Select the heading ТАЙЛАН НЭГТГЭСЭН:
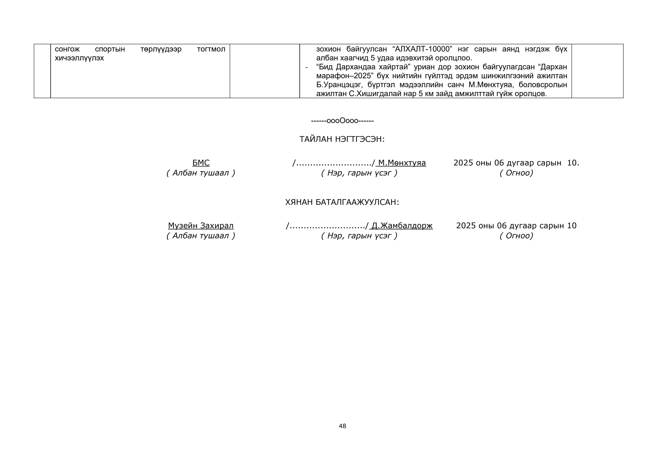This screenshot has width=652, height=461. click(342, 139)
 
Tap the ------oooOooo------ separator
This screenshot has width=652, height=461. click(342, 121)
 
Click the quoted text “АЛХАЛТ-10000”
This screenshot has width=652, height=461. click(422, 49)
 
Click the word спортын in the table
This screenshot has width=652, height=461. click(110, 49)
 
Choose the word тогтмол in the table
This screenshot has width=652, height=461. click(211, 49)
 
